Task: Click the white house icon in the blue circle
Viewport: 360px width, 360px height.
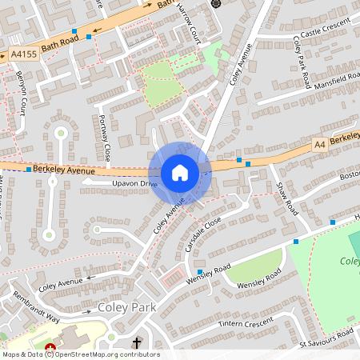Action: click(180, 173)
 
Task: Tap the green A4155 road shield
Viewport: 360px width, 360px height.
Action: click(22, 55)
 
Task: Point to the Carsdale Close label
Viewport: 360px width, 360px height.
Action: click(202, 233)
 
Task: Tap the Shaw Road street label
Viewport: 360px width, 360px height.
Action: click(286, 198)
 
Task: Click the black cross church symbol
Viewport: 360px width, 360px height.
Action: click(137, 343)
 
